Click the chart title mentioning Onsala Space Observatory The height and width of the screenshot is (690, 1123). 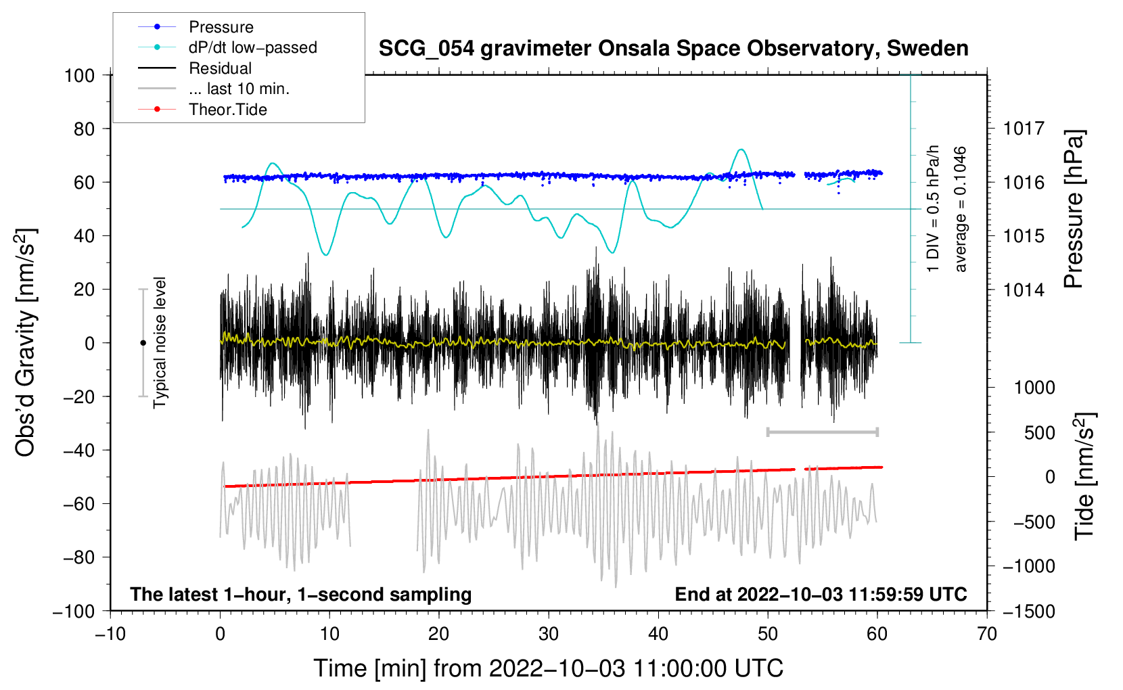[x=673, y=49]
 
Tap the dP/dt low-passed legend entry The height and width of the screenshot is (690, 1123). [x=252, y=47]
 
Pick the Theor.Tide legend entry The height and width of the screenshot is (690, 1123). [x=227, y=110]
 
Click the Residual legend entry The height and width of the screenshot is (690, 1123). [x=220, y=68]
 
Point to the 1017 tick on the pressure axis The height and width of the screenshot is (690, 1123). [x=1024, y=129]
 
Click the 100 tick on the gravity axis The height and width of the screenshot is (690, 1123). [x=80, y=75]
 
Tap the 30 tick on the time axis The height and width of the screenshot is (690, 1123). [x=549, y=634]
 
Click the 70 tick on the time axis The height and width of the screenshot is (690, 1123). [x=987, y=634]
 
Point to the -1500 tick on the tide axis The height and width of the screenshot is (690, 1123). [x=1029, y=611]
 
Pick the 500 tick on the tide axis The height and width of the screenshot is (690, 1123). [x=1039, y=433]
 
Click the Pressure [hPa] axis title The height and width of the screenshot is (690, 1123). [x=1074, y=210]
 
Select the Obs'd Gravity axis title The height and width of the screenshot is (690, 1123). [x=26, y=343]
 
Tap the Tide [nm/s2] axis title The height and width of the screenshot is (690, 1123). [x=1084, y=477]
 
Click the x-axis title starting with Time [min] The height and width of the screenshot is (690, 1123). [x=548, y=668]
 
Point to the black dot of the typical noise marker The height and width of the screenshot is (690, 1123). [x=143, y=343]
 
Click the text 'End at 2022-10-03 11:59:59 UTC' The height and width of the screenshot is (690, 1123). [x=821, y=594]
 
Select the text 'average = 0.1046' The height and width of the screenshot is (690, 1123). [x=961, y=210]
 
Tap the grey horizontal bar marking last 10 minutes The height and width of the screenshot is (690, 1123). [x=822, y=432]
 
